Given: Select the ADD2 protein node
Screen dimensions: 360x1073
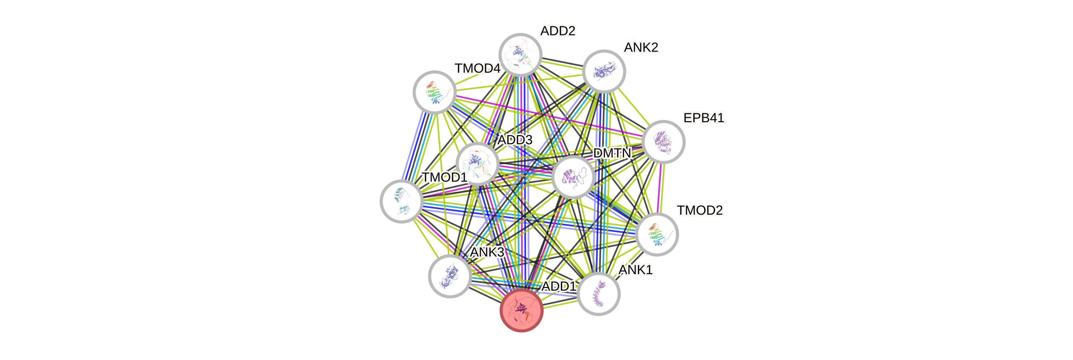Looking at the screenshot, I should point(520,54).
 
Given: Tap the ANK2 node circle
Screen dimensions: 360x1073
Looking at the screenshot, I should point(604,71).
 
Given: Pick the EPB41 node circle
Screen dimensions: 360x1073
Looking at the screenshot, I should point(664,142).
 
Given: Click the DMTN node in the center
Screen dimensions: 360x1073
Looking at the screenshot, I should point(573,177).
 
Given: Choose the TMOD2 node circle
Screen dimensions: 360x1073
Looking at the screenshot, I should point(657,234).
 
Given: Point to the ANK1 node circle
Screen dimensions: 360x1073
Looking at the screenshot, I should point(599,294).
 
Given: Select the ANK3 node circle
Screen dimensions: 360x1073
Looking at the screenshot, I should point(450,276).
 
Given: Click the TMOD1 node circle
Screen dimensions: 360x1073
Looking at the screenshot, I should point(401,201).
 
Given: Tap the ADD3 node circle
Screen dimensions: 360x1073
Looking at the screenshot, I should point(477,164).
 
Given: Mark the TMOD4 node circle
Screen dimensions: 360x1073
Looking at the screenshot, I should point(434,92).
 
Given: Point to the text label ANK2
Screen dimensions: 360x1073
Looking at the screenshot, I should point(641,48).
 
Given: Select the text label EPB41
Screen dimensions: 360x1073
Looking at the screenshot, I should point(704,118).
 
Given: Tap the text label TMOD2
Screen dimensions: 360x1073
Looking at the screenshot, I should point(700,210).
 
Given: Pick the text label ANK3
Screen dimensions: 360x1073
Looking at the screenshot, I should point(487,252).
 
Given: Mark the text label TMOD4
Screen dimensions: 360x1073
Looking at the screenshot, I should point(477,68).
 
